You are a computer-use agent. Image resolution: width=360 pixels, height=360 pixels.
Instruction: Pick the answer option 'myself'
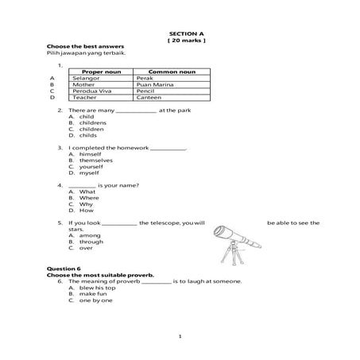(88, 172)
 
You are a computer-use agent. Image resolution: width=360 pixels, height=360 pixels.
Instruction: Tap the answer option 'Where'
(88, 197)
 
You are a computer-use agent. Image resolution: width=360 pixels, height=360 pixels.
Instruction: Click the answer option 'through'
(91, 242)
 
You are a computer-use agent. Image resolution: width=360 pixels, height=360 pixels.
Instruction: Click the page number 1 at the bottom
(181, 338)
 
